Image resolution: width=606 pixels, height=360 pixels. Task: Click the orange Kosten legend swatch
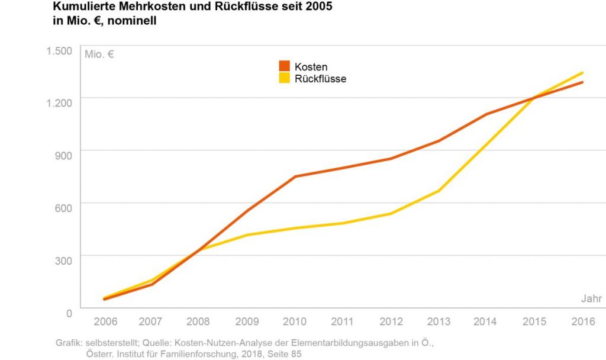pyautogui.click(x=285, y=66)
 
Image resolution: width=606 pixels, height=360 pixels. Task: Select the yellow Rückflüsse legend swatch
pyautogui.click(x=285, y=78)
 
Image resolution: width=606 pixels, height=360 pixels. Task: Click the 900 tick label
pyautogui.click(x=63, y=155)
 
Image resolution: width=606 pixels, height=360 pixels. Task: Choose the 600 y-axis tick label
pyautogui.click(x=63, y=208)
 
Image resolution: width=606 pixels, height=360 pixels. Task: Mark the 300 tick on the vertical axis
pyautogui.click(x=63, y=260)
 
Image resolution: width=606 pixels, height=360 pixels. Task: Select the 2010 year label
pyautogui.click(x=295, y=322)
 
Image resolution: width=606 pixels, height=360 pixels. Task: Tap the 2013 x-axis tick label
pyautogui.click(x=439, y=322)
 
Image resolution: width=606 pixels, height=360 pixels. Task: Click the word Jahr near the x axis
pyautogui.click(x=591, y=299)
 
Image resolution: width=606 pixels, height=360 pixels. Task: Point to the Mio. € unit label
pyautogui.click(x=99, y=54)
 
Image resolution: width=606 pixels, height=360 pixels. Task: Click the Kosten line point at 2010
pyautogui.click(x=295, y=176)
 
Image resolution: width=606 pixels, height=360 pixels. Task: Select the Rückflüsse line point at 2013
pyautogui.click(x=439, y=190)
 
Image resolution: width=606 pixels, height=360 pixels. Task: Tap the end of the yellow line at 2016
pyautogui.click(x=582, y=73)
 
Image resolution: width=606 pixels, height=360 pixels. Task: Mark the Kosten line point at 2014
pyautogui.click(x=486, y=114)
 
